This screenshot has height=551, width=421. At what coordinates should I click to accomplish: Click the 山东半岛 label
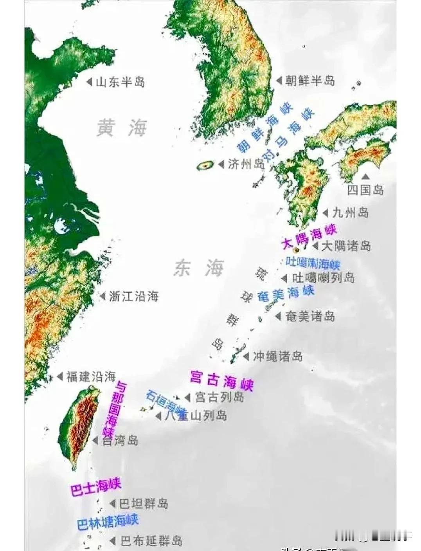120,82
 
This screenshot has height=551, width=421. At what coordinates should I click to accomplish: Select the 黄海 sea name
122,128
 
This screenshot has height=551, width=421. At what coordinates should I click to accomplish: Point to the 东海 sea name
199,268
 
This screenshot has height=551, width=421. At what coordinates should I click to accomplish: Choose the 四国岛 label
365,190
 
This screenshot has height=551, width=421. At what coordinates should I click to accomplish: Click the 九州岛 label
351,213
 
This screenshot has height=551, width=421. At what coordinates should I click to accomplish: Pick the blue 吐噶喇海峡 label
313,263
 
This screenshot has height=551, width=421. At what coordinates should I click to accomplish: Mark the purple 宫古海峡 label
221,380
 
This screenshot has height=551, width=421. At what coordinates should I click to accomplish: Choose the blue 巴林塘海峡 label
108,522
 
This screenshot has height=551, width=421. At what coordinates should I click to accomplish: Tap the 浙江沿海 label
133,297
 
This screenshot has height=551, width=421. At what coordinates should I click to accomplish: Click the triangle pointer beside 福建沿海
60,376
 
